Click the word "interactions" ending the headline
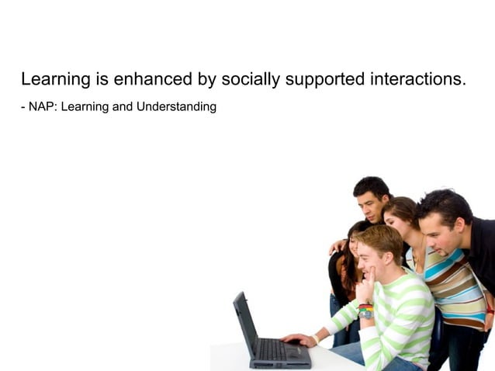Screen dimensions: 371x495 [x=418, y=79]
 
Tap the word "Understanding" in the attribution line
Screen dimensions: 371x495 [x=176, y=106]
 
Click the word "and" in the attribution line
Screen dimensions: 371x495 [x=123, y=106]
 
